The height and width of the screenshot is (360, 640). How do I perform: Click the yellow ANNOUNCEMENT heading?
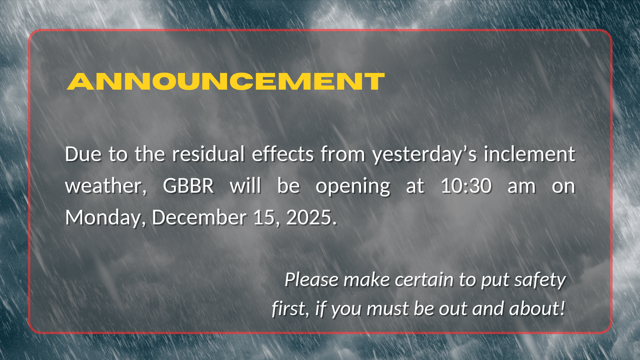click(x=226, y=81)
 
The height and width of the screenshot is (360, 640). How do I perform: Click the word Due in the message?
click(x=83, y=154)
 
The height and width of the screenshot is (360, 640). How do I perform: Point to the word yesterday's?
click(x=425, y=155)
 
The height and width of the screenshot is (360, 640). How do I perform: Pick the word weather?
click(x=106, y=186)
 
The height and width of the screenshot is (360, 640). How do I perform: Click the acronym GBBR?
click(x=188, y=186)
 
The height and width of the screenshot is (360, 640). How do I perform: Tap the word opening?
click(x=353, y=187)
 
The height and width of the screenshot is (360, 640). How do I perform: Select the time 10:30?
click(x=466, y=186)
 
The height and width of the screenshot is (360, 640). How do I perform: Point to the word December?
click(x=199, y=217)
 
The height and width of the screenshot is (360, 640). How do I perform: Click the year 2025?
click(x=311, y=218)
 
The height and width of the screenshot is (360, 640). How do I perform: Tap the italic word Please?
click(x=311, y=279)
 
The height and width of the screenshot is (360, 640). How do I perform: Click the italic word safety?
click(x=540, y=280)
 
